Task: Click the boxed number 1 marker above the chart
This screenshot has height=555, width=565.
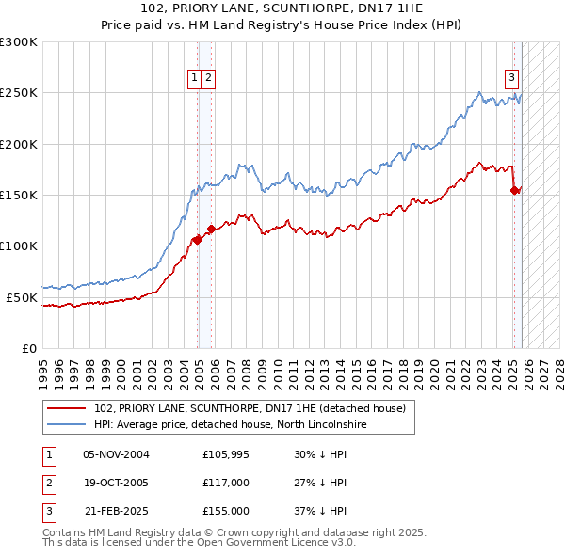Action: tap(195, 79)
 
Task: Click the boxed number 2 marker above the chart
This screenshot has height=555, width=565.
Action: tap(208, 79)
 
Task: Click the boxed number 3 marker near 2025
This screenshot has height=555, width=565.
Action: tap(511, 79)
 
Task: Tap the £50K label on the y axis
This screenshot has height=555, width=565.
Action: tap(22, 297)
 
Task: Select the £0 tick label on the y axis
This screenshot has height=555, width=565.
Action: tap(29, 348)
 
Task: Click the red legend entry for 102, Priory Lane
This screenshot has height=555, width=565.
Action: tap(250, 408)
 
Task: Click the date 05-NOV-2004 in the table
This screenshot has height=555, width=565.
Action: tap(116, 454)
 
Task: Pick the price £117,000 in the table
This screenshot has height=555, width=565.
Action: tap(226, 483)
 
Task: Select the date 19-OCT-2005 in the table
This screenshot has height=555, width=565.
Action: tap(116, 483)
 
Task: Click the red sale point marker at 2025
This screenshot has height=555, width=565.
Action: tap(515, 190)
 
